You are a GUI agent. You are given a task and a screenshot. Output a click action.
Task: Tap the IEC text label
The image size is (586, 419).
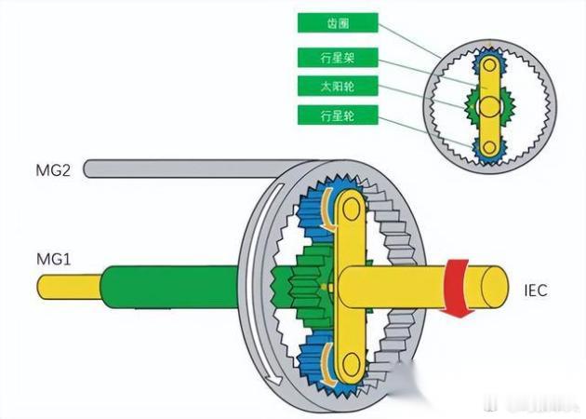coord(536,291)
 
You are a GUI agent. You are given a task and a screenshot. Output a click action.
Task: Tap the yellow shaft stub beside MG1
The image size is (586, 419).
coord(69,285)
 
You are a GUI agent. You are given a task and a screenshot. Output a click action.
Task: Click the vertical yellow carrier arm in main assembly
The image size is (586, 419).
coord(353,279)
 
